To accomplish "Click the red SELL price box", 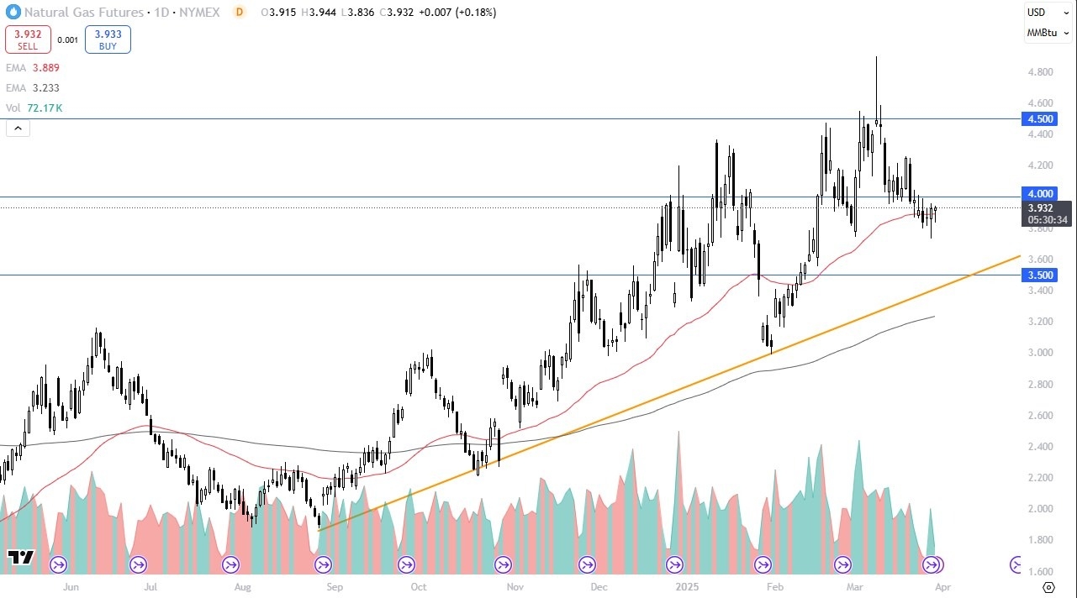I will coord(28,39).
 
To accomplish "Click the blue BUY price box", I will coord(108,39).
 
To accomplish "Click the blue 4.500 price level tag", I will coord(1040,119).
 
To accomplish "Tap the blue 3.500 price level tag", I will coord(1040,275).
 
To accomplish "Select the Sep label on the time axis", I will coord(334,586).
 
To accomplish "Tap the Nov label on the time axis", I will coord(516,586).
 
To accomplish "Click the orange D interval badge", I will coord(240,13).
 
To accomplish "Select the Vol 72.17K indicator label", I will coord(34,108).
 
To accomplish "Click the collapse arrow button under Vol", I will coord(18,129).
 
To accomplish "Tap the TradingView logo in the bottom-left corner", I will coord(20,557).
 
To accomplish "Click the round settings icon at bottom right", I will coord(1048,586).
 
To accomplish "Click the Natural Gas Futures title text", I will coord(84,13).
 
